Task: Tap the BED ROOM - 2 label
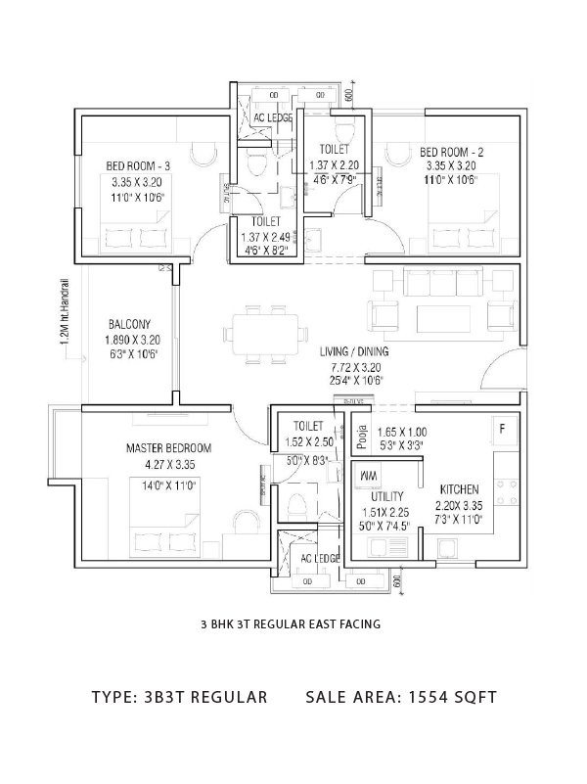click(x=452, y=152)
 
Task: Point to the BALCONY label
click(x=128, y=324)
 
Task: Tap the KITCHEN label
click(x=458, y=490)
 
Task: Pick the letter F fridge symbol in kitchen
click(x=502, y=429)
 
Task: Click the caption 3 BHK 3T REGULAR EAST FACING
click(x=290, y=623)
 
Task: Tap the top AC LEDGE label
click(x=273, y=118)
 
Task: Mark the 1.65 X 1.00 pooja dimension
click(x=402, y=431)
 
